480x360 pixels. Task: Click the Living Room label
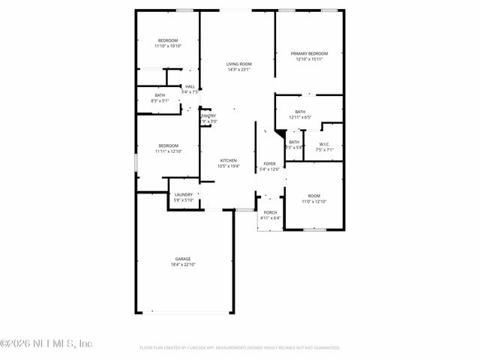238,64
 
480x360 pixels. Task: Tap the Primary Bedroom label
310,54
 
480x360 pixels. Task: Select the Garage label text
183,259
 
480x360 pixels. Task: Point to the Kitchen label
228,160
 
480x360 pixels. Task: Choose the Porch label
270,212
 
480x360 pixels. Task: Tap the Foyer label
269,163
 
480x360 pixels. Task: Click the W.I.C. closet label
325,144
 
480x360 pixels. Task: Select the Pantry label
208,116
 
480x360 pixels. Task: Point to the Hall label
190,86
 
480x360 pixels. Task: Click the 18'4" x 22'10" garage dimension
183,265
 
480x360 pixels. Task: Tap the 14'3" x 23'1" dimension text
238,70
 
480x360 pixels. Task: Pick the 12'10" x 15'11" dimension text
310,60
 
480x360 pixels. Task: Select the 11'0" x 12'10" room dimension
313,202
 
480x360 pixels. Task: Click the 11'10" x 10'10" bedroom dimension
168,46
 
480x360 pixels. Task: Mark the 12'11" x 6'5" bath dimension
300,118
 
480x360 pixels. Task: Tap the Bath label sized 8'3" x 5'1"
160,95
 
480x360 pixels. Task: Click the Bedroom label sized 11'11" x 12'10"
168,145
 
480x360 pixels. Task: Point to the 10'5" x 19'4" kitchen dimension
228,166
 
